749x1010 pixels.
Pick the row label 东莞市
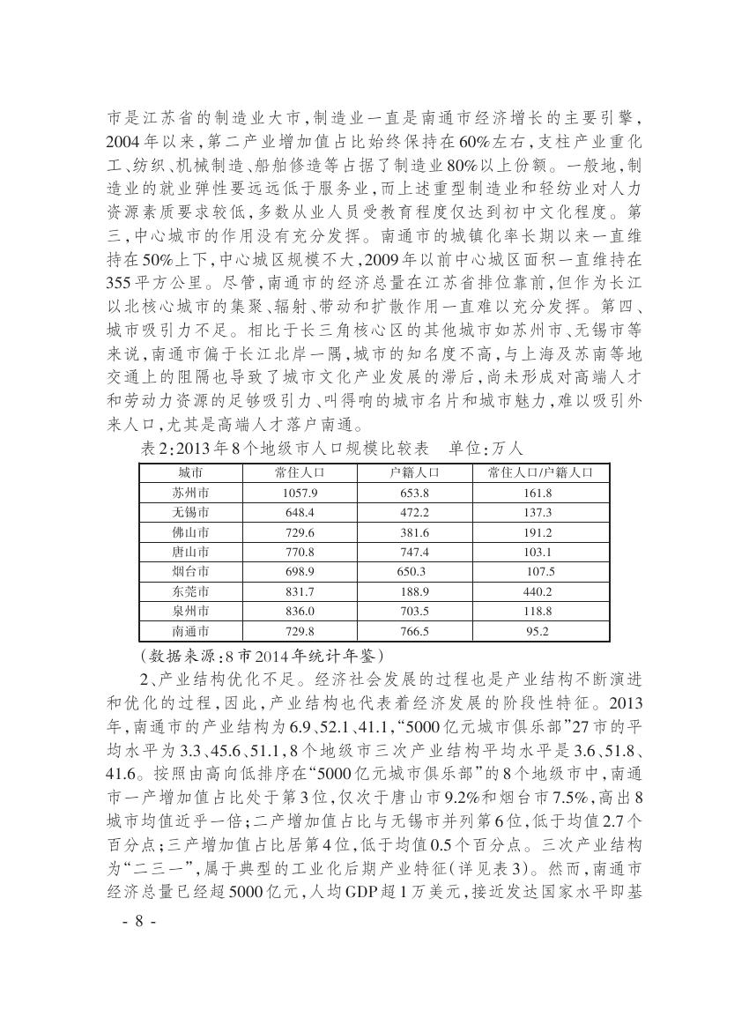point(191,591)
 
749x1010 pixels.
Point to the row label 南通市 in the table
point(191,631)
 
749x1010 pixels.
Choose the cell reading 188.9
point(414,591)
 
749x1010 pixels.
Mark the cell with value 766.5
point(414,631)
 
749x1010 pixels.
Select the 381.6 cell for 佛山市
point(414,532)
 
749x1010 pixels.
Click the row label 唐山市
point(191,552)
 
